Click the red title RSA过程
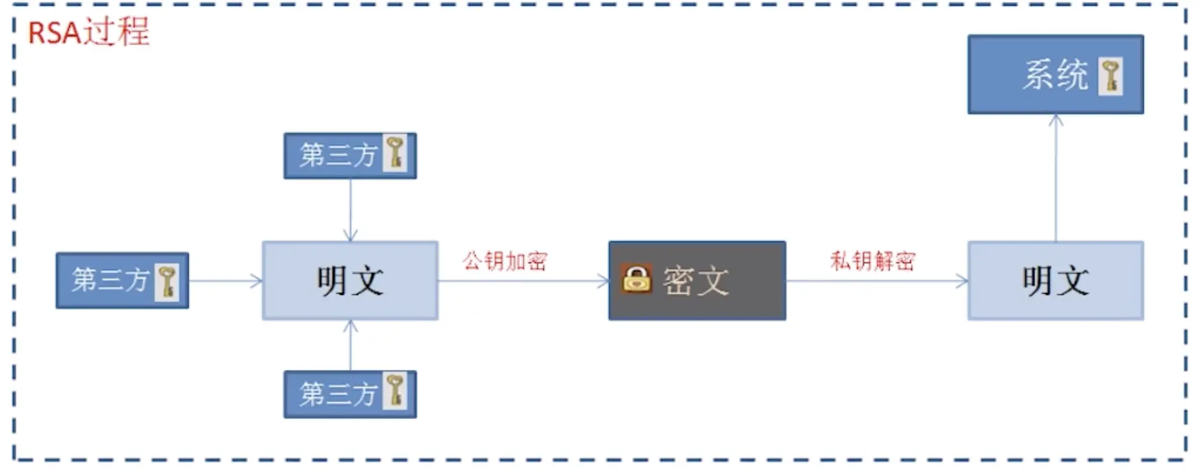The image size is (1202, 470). [x=89, y=32]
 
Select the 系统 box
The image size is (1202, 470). [x=1055, y=75]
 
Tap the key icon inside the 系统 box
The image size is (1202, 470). [x=1110, y=76]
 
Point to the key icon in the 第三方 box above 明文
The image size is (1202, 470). [x=395, y=153]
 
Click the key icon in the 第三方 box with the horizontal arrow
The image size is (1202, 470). [x=168, y=281]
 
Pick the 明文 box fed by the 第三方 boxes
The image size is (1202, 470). [x=350, y=280]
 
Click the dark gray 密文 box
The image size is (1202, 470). [x=697, y=280]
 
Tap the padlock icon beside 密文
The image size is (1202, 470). [x=637, y=279]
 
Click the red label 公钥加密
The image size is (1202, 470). [x=505, y=260]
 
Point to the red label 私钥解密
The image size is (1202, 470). [x=873, y=260]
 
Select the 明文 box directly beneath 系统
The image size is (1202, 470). [x=1055, y=280]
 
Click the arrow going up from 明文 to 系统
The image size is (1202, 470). [x=1055, y=178]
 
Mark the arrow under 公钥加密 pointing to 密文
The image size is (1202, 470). [x=523, y=281]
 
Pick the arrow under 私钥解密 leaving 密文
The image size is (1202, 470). [x=876, y=281]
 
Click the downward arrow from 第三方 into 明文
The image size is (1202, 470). [x=351, y=210]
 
